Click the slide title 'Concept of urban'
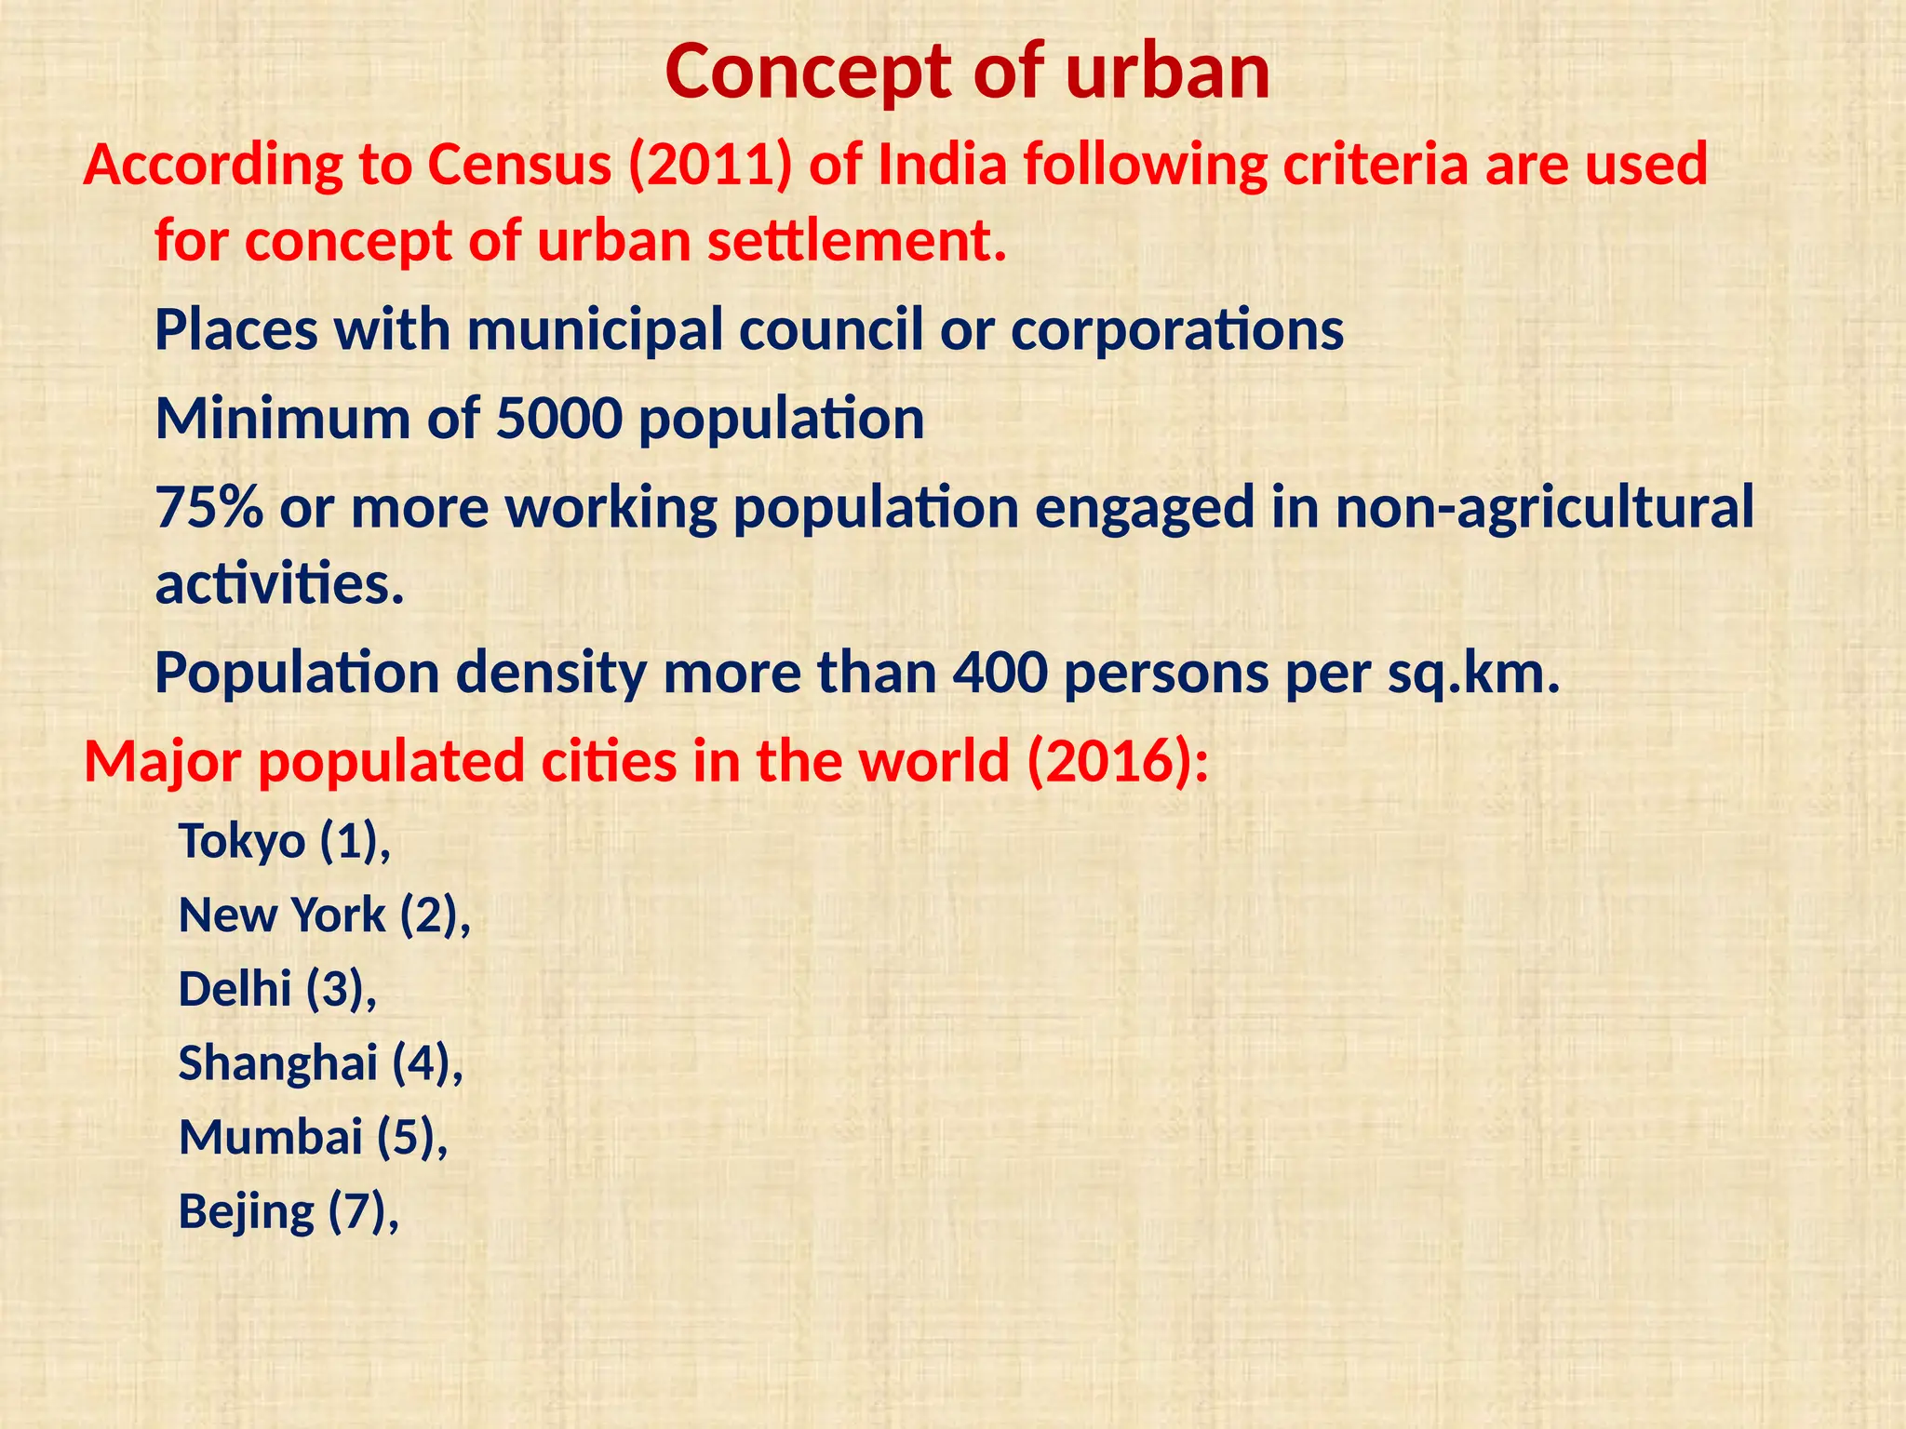click(x=967, y=73)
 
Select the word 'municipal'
click(x=595, y=330)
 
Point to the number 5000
click(x=558, y=419)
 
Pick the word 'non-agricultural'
click(x=1544, y=508)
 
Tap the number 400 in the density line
click(x=1000, y=673)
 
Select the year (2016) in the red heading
click(x=1117, y=761)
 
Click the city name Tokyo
click(x=242, y=841)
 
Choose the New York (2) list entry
click(x=324, y=915)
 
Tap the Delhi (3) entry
click(x=277, y=989)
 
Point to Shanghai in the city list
click(x=277, y=1063)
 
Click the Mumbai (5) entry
click(x=313, y=1137)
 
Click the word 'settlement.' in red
click(x=857, y=241)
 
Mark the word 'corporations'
click(x=1176, y=330)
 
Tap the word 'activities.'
click(x=279, y=584)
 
